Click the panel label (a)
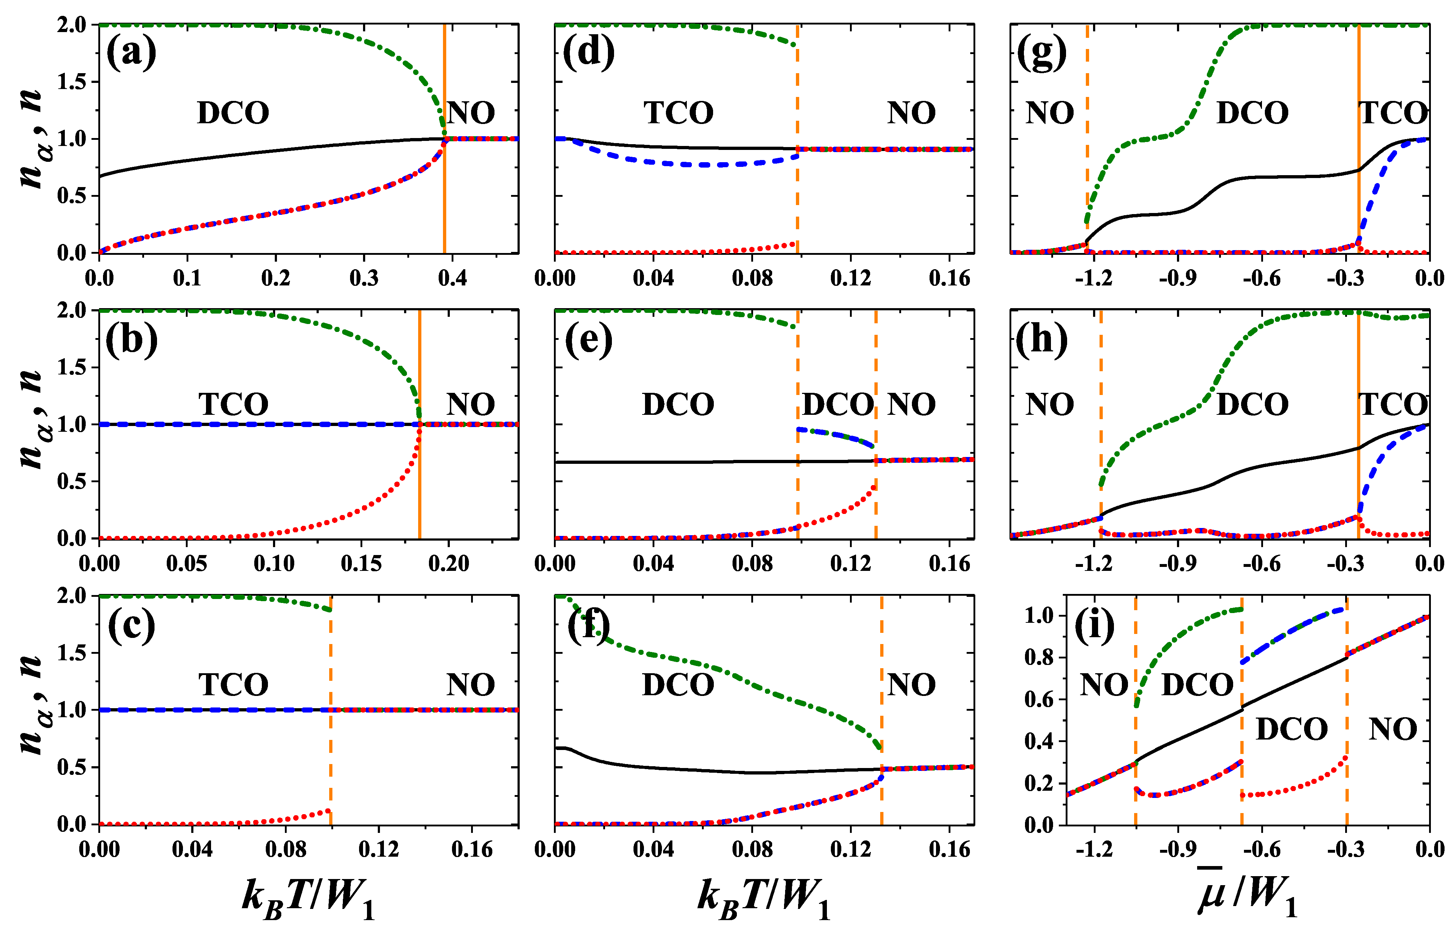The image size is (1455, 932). pyautogui.click(x=131, y=53)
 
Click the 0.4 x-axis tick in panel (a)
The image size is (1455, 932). pyautogui.click(x=452, y=278)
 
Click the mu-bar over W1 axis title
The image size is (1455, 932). pyautogui.click(x=1247, y=896)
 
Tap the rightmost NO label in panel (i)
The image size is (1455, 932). pyautogui.click(x=1393, y=729)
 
